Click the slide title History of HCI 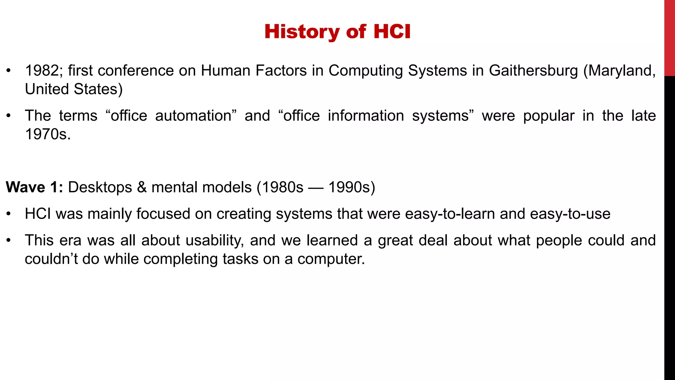[337, 32]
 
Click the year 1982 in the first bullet [42, 71]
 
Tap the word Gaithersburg [533, 71]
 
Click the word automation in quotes [193, 116]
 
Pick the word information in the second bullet [366, 116]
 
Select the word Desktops [100, 187]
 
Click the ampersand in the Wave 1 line [142, 187]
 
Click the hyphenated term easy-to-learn [450, 214]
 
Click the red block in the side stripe [669, 38]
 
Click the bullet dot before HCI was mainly [9, 214]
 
